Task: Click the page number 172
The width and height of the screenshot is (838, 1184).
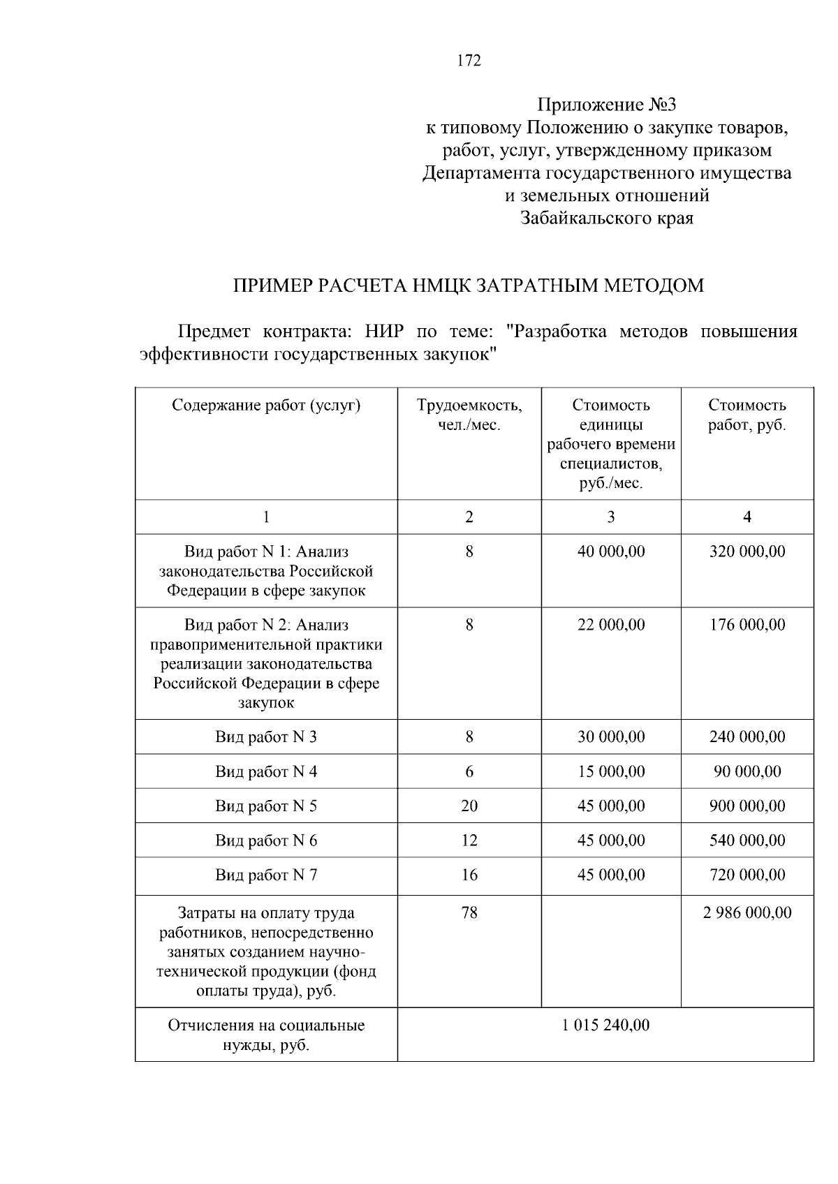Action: [469, 61]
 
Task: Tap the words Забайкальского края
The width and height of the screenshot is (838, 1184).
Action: [607, 219]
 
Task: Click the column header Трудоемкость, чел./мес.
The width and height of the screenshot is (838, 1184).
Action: [469, 415]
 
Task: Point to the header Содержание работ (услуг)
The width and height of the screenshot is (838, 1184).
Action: [266, 405]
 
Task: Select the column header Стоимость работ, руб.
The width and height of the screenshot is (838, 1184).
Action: [747, 415]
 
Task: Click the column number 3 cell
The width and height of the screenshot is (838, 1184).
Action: [611, 517]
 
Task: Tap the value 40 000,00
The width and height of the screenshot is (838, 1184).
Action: [611, 552]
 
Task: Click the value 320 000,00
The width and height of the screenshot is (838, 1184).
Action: [747, 552]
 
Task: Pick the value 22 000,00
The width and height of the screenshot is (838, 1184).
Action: [611, 625]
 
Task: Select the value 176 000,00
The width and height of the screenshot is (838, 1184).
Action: [747, 625]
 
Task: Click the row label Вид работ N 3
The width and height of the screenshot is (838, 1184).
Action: [266, 737]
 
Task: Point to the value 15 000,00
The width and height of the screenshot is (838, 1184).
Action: [611, 771]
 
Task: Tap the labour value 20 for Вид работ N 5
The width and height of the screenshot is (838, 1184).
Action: [469, 806]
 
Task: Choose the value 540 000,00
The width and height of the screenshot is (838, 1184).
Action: [747, 841]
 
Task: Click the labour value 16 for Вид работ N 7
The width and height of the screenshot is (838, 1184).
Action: [469, 875]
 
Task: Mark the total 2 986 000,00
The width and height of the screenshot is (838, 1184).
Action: [747, 912]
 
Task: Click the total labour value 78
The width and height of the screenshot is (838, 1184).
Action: [469, 912]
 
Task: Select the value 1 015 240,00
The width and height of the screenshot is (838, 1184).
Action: [605, 1025]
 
